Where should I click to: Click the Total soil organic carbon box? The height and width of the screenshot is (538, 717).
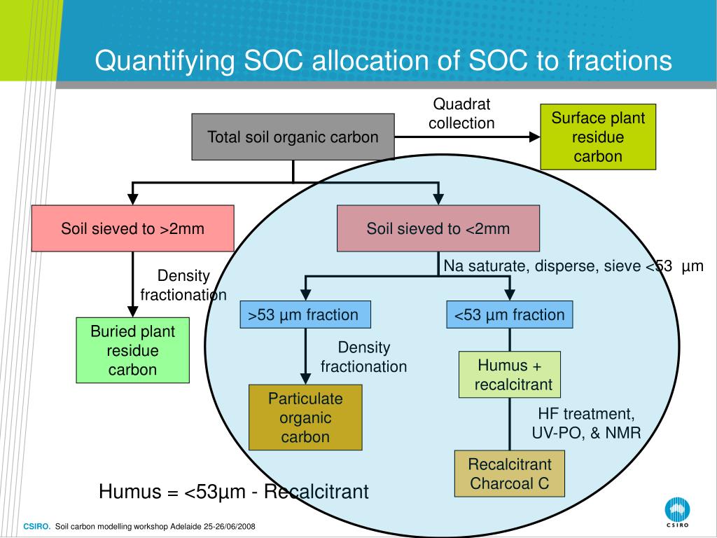(x=293, y=137)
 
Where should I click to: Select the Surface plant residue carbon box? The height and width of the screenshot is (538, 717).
(x=598, y=137)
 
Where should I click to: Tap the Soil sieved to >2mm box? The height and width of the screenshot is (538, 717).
(x=132, y=228)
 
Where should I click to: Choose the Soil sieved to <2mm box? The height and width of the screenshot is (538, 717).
(x=438, y=228)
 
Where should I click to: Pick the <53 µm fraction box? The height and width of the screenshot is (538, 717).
(x=510, y=315)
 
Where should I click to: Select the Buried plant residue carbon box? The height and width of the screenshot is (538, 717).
(x=132, y=350)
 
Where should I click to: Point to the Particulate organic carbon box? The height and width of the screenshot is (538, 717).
(x=305, y=418)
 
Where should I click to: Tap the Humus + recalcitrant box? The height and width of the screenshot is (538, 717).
(x=510, y=375)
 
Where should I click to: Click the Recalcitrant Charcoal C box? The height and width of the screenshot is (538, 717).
(x=510, y=474)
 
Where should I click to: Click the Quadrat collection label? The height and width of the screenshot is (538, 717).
(x=461, y=113)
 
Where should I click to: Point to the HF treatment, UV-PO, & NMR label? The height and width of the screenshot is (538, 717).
(x=586, y=423)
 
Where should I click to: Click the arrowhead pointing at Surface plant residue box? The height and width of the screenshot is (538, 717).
(x=534, y=137)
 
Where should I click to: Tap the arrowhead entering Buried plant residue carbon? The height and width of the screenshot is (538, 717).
(x=132, y=312)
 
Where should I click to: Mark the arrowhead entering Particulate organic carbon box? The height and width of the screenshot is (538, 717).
(x=305, y=379)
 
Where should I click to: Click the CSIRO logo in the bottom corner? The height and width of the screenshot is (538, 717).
(x=676, y=512)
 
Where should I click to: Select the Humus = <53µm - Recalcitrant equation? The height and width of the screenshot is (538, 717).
(x=233, y=492)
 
